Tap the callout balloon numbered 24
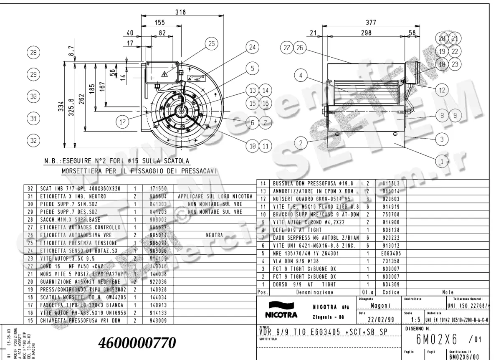pos(252,48)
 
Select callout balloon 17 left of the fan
pos(122,122)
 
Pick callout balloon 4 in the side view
pos(301,76)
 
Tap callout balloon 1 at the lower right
pos(442,160)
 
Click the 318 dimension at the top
pos(180,13)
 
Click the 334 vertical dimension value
pos(61,104)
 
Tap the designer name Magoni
pos(380,305)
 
